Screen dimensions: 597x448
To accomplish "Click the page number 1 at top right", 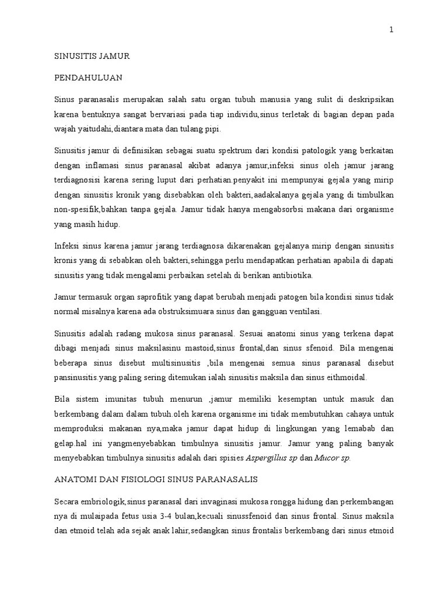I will (391, 30).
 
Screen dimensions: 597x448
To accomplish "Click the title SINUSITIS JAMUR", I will (92, 56).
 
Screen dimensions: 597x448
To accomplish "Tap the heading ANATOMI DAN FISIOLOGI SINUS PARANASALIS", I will (156, 479).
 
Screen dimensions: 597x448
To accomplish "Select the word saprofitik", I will (135, 297).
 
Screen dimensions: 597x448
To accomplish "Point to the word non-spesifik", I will (77, 209).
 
